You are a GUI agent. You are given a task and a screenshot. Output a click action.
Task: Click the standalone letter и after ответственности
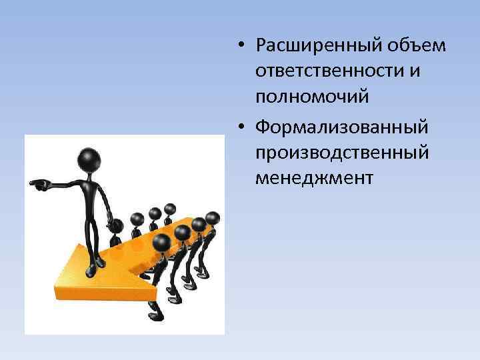415,71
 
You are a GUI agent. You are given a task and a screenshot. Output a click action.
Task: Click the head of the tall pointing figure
89,161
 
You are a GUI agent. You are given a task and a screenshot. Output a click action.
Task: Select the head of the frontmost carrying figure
161,244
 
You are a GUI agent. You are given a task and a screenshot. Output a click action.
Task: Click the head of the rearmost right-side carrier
213,217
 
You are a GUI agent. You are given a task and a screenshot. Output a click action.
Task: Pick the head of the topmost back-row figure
169,209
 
